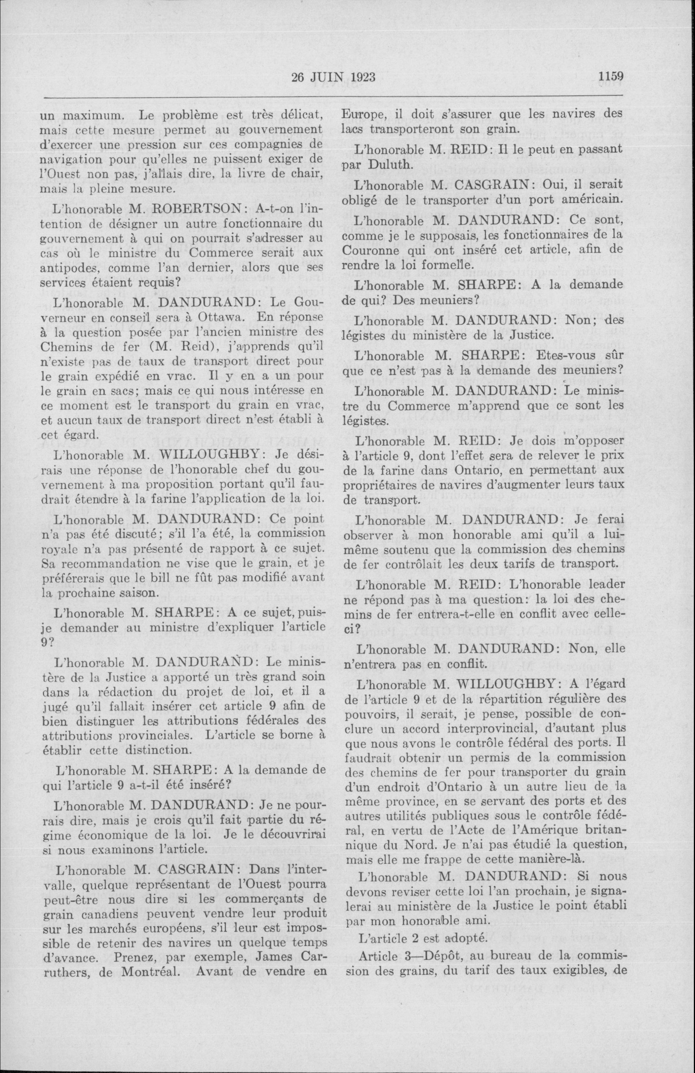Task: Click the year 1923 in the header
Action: (x=358, y=77)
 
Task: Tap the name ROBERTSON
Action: (x=194, y=209)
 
